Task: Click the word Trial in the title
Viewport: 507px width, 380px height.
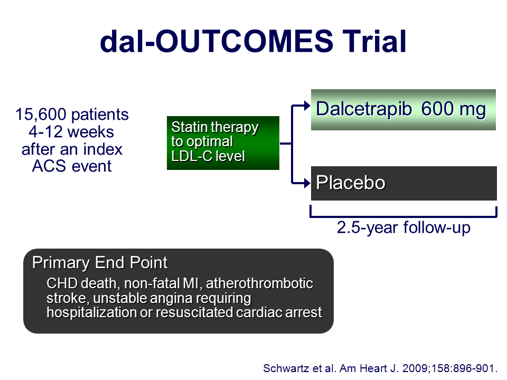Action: pyautogui.click(x=374, y=41)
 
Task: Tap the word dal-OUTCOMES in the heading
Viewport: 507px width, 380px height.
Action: pyautogui.click(x=217, y=41)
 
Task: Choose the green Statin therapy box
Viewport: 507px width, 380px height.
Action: pyautogui.click(x=223, y=143)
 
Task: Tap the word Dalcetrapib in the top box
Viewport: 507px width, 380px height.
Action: pyautogui.click(x=364, y=109)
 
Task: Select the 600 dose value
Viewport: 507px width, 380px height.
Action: pyautogui.click(x=437, y=109)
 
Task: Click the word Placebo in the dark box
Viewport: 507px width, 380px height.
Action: pyautogui.click(x=351, y=183)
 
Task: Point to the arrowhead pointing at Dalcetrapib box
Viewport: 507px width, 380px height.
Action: pyautogui.click(x=307, y=106)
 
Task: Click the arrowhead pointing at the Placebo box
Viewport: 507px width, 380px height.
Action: pyautogui.click(x=307, y=183)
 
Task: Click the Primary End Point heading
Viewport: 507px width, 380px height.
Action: pyautogui.click(x=100, y=262)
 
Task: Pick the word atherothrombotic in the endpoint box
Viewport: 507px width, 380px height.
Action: pyautogui.click(x=259, y=283)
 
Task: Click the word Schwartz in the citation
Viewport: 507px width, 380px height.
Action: pyautogui.click(x=285, y=368)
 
